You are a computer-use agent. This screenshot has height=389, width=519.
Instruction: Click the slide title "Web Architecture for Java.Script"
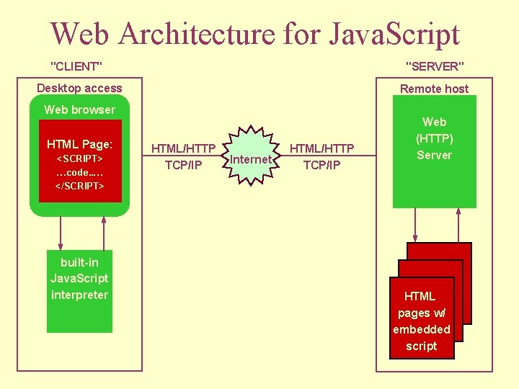[x=254, y=33]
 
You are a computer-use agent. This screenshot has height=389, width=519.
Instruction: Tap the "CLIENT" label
[x=76, y=66]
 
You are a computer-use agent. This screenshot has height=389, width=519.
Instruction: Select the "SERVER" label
[x=435, y=66]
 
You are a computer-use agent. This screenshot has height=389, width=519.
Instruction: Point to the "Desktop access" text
[x=79, y=89]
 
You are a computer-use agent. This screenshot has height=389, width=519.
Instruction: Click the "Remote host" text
[x=434, y=89]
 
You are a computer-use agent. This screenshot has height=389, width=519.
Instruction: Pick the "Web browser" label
[x=79, y=109]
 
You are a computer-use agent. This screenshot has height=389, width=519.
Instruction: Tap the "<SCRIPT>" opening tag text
[x=79, y=158]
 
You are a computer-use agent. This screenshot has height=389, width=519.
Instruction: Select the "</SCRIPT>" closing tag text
[x=79, y=186]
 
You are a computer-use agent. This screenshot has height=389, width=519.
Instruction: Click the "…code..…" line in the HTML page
[x=79, y=172]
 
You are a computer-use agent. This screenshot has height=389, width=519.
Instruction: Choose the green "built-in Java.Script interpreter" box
[x=79, y=277]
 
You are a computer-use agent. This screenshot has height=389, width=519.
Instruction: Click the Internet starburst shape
[x=251, y=158]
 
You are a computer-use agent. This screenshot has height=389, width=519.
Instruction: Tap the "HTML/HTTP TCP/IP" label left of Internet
[x=183, y=156]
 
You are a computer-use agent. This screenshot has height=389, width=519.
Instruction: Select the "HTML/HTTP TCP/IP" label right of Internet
[x=321, y=156]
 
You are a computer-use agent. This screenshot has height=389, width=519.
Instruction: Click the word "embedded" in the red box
[x=422, y=329]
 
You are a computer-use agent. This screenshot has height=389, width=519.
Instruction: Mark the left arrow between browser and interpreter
[x=61, y=232]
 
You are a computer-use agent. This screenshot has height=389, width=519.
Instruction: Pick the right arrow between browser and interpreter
[x=105, y=232]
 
